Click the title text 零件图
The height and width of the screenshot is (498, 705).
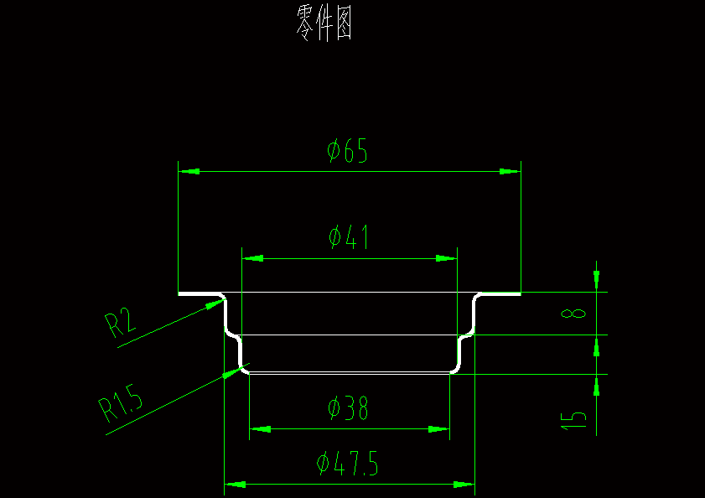pos(324,23)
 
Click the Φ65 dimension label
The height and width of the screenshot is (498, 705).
pos(348,152)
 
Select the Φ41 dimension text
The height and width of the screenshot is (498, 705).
pos(349,238)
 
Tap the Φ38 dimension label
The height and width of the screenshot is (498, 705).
pos(348,408)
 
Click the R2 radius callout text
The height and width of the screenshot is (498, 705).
pos(120,322)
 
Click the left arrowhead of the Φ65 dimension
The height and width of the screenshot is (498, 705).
pos(189,171)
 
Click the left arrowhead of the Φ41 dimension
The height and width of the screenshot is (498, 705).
pos(252,258)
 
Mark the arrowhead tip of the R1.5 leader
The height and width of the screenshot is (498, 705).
pos(239,370)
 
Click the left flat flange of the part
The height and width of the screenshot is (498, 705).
pos(200,294)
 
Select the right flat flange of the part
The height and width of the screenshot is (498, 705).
pos(500,294)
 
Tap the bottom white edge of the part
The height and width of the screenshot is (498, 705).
pos(350,372)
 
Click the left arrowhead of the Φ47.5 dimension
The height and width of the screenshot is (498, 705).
pos(235,485)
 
